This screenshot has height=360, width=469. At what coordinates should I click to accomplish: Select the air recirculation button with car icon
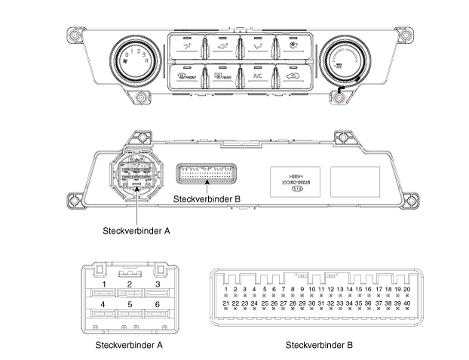pyautogui.click(x=291, y=75)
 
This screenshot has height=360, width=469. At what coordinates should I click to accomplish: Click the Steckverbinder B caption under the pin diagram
pyautogui.click(x=319, y=345)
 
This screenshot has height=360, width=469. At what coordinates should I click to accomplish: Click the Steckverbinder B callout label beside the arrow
pyautogui.click(x=207, y=200)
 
